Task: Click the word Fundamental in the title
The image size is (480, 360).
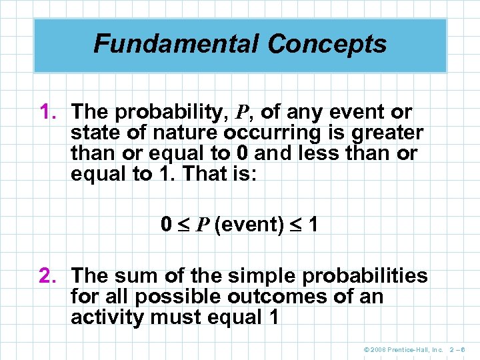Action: click(x=176, y=44)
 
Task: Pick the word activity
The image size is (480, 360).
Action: click(x=107, y=317)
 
